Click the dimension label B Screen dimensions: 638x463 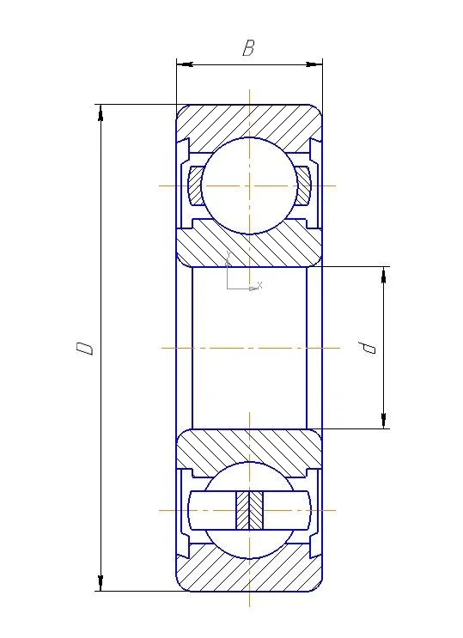point(248,48)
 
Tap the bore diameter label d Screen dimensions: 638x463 point(369,347)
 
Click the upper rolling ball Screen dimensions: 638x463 point(248,185)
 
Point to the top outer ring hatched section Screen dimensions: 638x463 point(248,119)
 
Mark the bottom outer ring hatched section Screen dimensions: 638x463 point(248,574)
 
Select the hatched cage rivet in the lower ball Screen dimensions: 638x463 point(248,510)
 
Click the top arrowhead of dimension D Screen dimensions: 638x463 point(101,111)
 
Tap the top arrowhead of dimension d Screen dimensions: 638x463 point(383,272)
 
